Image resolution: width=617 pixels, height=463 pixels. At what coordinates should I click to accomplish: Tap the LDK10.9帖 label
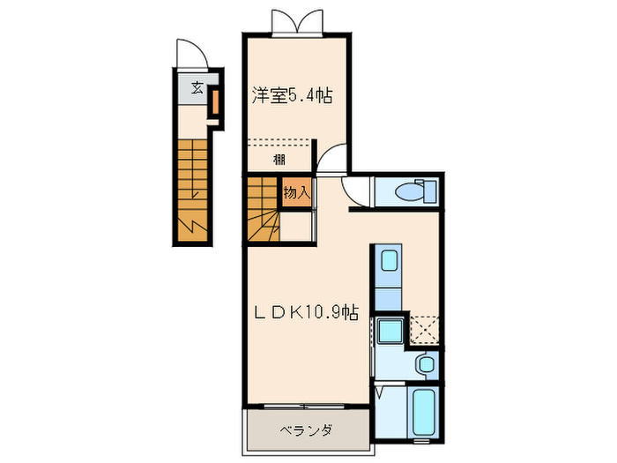tap(306, 311)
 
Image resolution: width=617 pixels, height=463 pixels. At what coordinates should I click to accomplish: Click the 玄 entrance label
tap(197, 87)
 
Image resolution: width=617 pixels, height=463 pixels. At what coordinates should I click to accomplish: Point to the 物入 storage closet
tap(296, 191)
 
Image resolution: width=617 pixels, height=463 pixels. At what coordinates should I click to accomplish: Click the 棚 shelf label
tap(279, 160)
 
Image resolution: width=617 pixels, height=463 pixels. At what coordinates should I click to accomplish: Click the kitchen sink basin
tap(389, 262)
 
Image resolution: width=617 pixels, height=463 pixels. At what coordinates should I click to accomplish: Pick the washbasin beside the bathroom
tap(427, 364)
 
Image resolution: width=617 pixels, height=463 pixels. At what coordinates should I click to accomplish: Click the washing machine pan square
tap(389, 332)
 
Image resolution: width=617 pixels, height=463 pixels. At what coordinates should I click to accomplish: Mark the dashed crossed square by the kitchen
tap(425, 330)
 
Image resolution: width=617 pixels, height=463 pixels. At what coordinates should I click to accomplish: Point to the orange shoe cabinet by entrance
tap(213, 102)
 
